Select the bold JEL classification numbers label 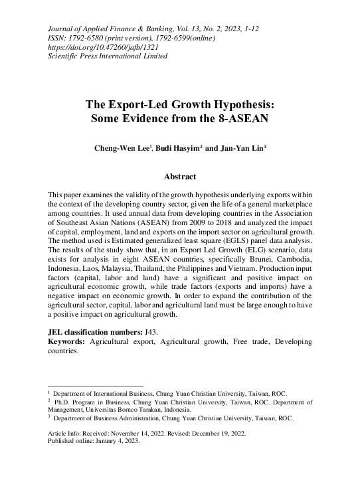point(100,330)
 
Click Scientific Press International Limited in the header point(108,56)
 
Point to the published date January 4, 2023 point(116,440)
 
